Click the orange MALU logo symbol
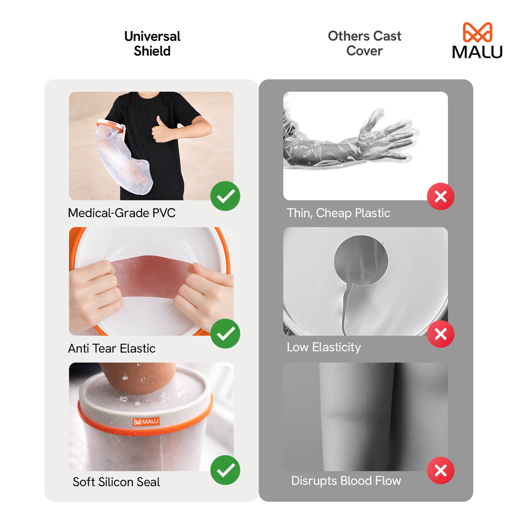point(477,32)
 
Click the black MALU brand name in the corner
point(477,52)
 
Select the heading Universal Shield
point(152,43)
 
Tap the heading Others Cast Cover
point(364,43)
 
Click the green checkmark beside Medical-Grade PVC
point(225,196)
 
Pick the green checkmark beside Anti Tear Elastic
point(225,334)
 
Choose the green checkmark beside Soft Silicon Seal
point(225,470)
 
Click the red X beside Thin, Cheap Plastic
point(441,196)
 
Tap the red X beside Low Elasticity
point(441,334)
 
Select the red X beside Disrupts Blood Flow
point(441,471)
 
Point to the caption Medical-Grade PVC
point(122,213)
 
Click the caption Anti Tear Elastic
point(111,348)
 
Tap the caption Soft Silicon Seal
point(116,482)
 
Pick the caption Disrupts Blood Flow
point(346,481)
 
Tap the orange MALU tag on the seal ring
point(146,422)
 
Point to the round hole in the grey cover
point(361,261)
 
